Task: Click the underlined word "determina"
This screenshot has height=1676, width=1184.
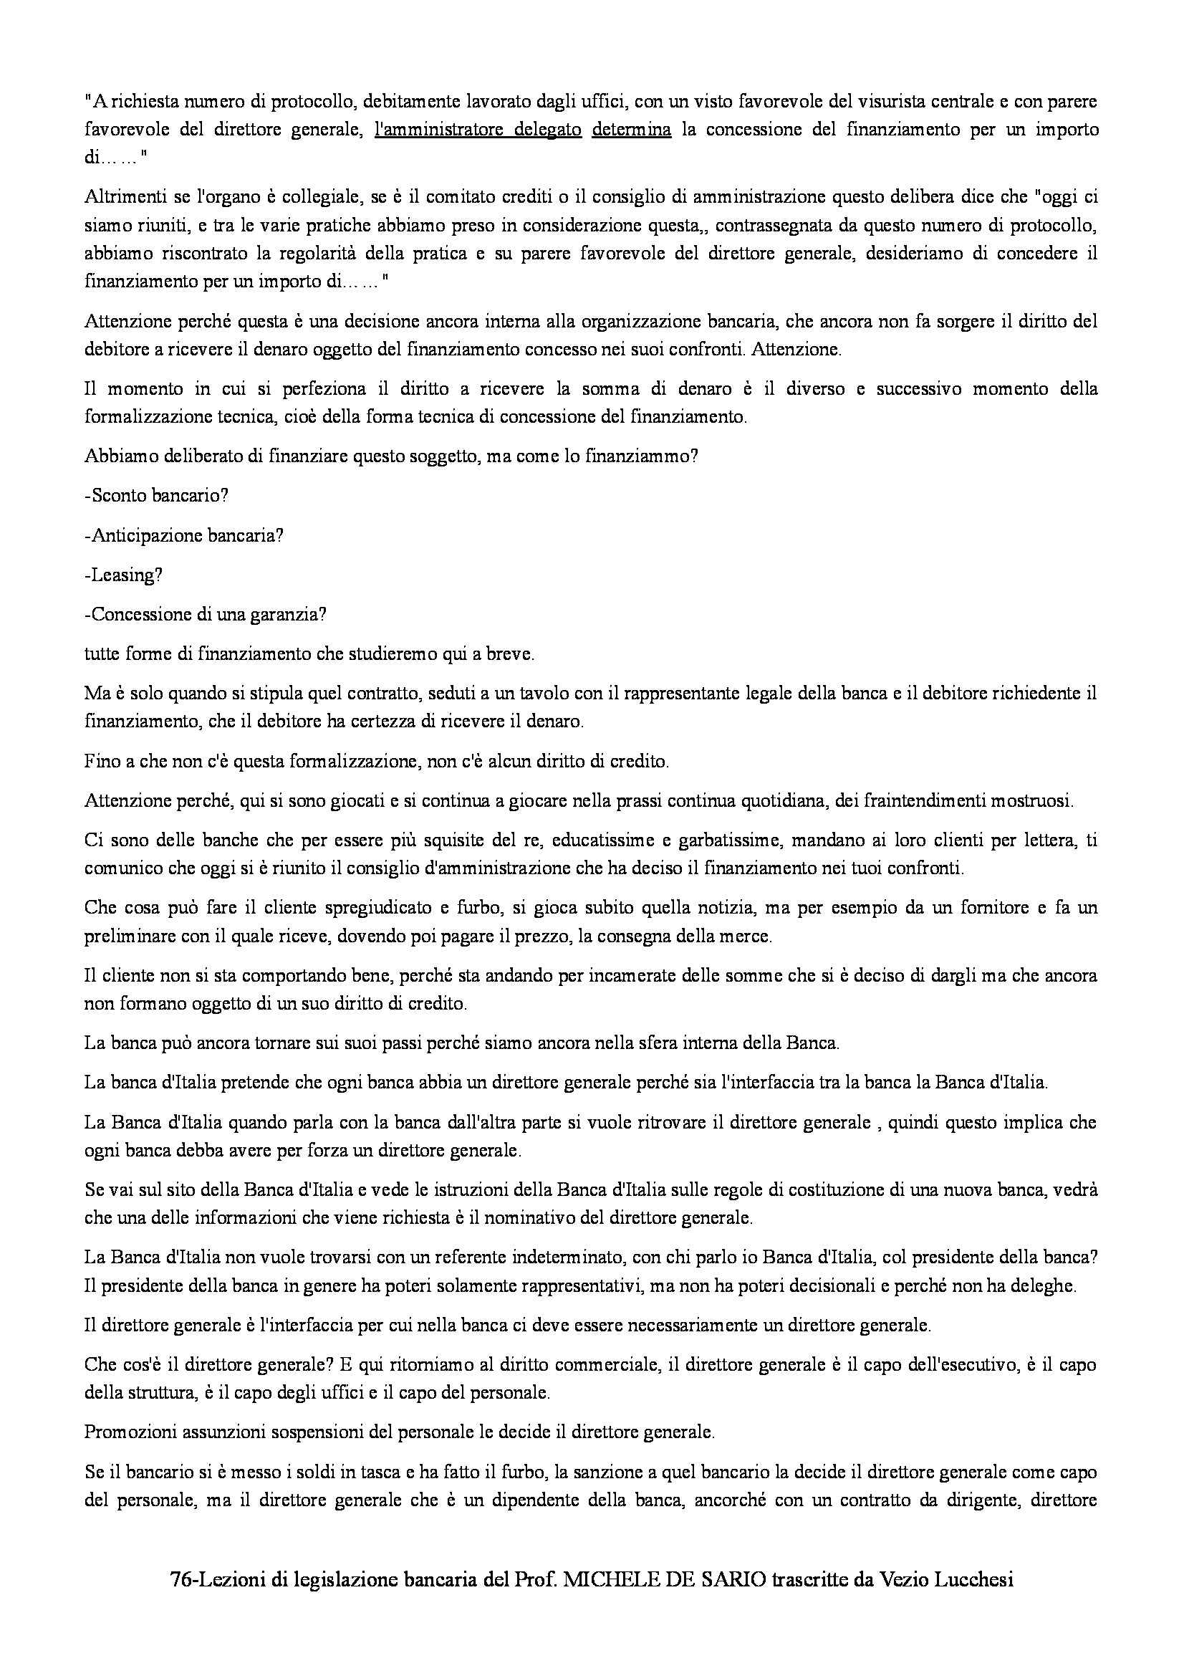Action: (631, 130)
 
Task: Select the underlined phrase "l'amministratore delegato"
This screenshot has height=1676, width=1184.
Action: (477, 130)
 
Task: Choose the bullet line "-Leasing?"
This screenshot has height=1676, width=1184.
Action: (123, 575)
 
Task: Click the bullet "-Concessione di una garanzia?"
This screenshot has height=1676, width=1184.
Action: (205, 615)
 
